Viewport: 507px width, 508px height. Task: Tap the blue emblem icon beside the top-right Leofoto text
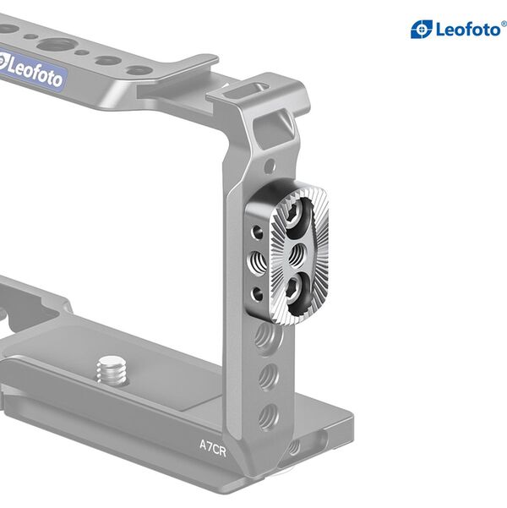[422, 30]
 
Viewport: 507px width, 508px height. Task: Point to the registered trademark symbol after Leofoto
[504, 24]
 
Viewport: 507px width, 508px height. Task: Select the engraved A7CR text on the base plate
[211, 444]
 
